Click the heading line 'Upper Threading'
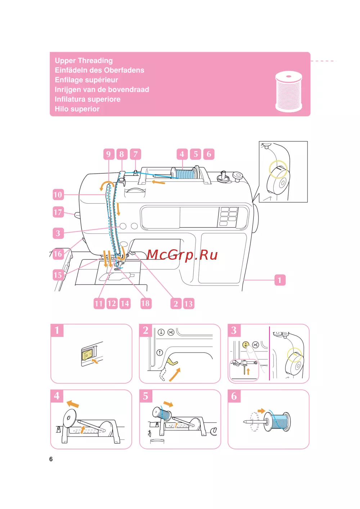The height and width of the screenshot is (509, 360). click(x=84, y=60)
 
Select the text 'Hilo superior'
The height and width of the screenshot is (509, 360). click(x=77, y=109)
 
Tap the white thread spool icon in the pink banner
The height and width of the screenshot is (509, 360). click(x=288, y=91)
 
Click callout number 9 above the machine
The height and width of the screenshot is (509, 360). click(x=108, y=154)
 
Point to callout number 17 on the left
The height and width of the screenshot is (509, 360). click(x=58, y=212)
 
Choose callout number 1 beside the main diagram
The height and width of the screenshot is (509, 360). click(x=279, y=280)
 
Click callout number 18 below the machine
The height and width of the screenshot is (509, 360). click(x=145, y=304)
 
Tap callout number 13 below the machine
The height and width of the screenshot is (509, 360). click(x=188, y=304)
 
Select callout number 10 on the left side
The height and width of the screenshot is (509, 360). click(x=58, y=195)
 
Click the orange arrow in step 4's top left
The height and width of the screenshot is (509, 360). click(x=73, y=404)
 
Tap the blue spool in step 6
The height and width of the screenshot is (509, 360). click(x=280, y=421)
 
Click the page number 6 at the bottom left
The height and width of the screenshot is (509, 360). click(x=51, y=459)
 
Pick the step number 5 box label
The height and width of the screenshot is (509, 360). click(x=145, y=396)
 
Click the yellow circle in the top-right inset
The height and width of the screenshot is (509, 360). click(x=278, y=169)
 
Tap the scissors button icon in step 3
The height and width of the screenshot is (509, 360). click(x=255, y=345)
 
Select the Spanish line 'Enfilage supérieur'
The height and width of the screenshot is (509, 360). click(x=86, y=80)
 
